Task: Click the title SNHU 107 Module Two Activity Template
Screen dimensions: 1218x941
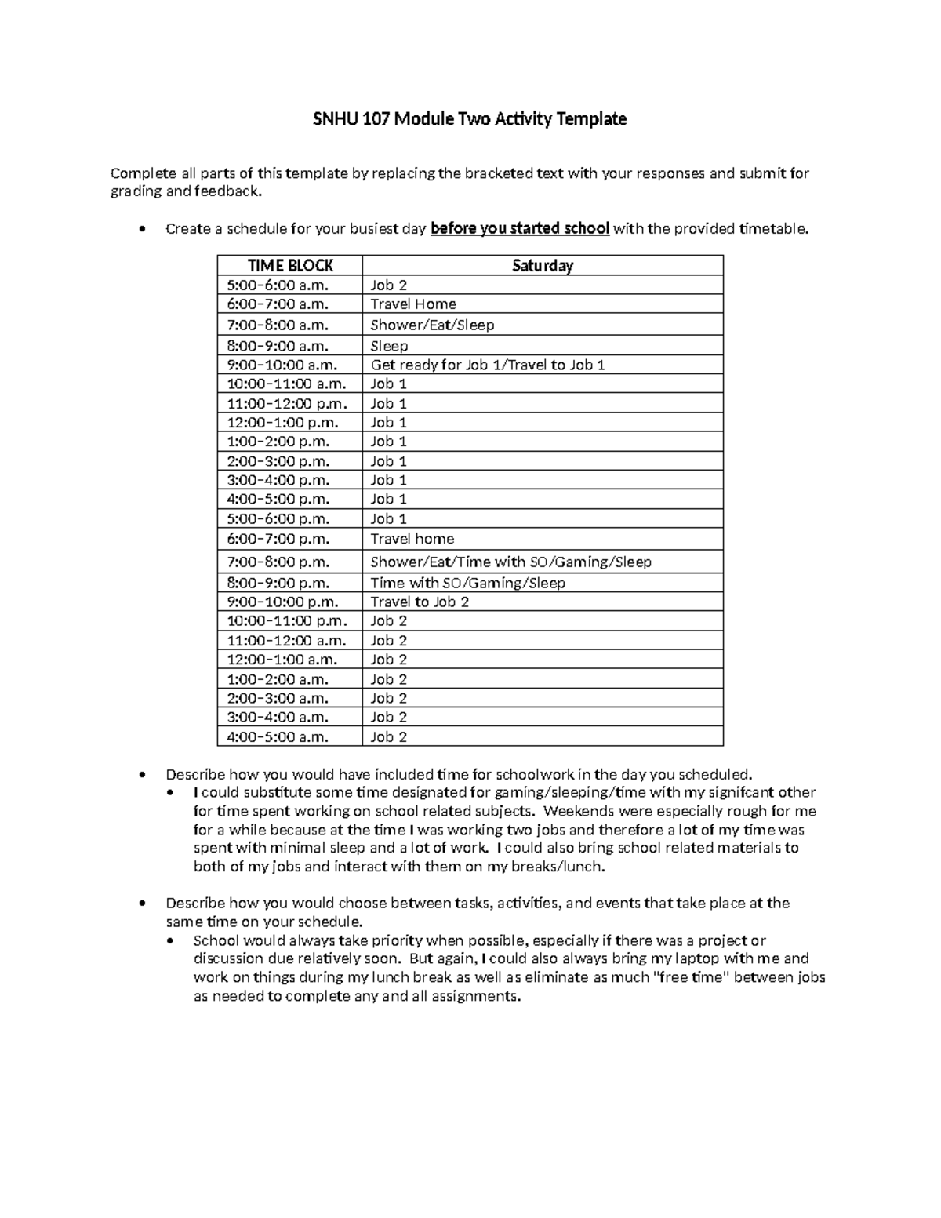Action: tap(470, 119)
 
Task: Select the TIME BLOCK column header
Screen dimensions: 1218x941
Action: tap(290, 266)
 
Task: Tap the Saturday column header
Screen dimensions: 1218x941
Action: tap(542, 266)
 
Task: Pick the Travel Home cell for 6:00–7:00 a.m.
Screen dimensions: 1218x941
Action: tap(413, 304)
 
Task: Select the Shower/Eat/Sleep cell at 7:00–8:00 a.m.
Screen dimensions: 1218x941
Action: tap(432, 325)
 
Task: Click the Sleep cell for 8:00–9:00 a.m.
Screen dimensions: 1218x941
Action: tap(389, 346)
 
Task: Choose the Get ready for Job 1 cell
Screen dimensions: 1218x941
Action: tap(487, 365)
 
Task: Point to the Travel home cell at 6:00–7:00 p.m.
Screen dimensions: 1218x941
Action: tap(412, 539)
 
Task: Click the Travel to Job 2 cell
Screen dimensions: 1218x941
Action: tap(420, 602)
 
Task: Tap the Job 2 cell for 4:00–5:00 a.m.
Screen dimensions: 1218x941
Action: tap(389, 736)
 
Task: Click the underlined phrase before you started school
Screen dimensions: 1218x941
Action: tap(520, 229)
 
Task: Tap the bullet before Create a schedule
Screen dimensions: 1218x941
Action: tap(140, 230)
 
